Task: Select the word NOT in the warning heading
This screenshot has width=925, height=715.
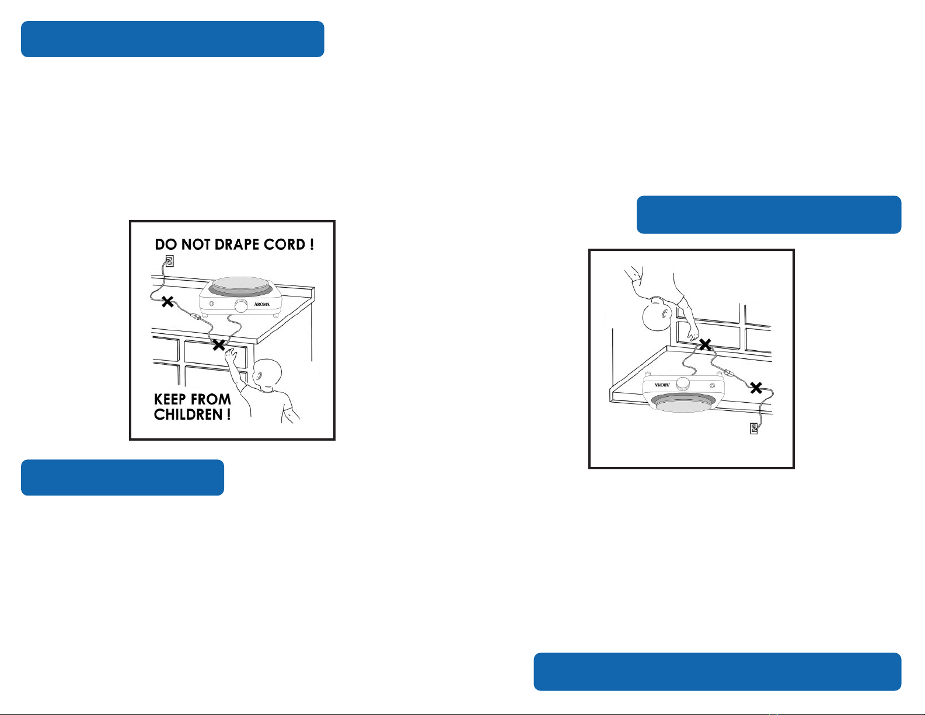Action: [x=196, y=245]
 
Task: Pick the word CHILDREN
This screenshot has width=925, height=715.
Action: [x=188, y=414]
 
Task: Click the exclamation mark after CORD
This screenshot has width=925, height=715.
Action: [x=312, y=245]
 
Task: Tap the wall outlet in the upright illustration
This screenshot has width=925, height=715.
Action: [x=169, y=261]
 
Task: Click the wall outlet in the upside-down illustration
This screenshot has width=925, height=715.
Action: [x=754, y=428]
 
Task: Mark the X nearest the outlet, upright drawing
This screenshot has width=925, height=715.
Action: [x=167, y=302]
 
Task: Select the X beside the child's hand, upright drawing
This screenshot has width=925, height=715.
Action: [x=219, y=345]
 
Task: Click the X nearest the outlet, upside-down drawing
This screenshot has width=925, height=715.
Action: [x=756, y=388]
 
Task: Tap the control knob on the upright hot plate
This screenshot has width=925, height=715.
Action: [x=241, y=305]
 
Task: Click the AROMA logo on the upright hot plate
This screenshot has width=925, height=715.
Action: [x=262, y=304]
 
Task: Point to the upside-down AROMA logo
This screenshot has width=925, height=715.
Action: [x=662, y=385]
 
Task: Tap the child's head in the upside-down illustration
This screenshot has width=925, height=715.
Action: [x=657, y=314]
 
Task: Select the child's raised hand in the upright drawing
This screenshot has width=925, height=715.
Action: [x=231, y=354]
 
